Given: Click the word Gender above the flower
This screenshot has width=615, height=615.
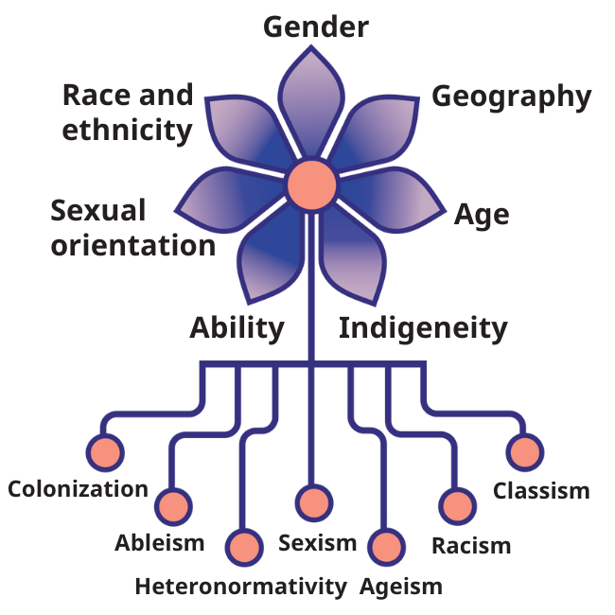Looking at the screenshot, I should coord(315,26).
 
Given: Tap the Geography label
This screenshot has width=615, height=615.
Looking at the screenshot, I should coord(511,97).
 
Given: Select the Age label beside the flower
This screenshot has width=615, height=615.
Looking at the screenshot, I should coord(482,215).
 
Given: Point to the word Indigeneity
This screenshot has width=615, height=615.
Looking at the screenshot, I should coord(423,328).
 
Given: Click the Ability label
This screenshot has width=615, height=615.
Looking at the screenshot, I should coord(237,328).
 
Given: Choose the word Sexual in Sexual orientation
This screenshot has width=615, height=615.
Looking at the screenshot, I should coord(98,210).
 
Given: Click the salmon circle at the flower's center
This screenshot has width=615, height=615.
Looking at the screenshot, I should coord(311,184).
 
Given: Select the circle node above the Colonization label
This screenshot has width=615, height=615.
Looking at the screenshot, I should coord(105,451).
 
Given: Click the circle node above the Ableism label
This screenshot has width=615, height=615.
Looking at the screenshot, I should coord(173,507).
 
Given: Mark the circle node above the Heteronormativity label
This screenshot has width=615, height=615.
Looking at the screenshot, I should coord(245,547).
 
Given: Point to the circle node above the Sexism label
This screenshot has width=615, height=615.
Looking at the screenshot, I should coord(314,501).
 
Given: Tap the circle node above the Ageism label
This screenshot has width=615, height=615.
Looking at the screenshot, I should coord(385,547).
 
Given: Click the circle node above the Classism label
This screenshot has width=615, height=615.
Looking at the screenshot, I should coord(525,452).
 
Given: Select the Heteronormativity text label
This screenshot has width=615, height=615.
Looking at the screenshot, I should coord(240,587).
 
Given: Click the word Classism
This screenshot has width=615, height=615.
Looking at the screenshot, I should coord(541,491).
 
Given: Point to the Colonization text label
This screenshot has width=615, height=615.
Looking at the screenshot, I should coord(78,489).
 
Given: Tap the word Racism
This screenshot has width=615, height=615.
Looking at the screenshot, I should coord(470,546).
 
